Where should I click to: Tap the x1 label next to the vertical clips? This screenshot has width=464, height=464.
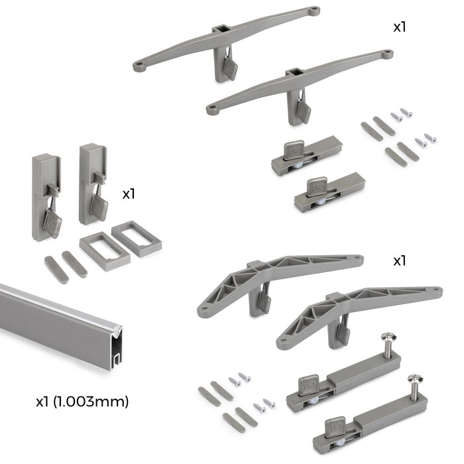(x=129, y=194)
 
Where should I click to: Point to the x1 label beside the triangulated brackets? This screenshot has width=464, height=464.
(x=399, y=261)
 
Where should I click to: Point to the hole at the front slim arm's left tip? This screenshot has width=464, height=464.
(x=213, y=110)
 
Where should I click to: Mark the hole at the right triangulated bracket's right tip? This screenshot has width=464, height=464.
(x=434, y=290)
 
